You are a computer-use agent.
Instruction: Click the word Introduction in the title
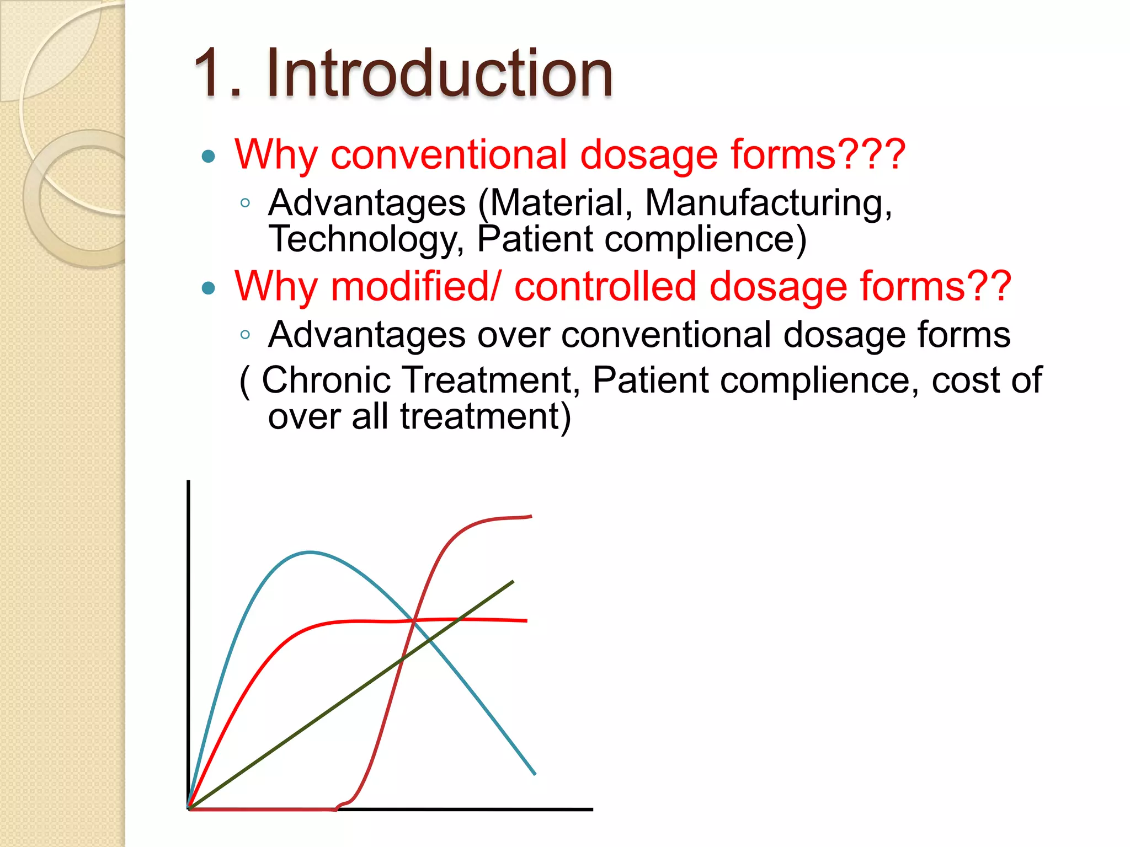[439, 73]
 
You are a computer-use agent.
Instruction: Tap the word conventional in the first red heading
[449, 154]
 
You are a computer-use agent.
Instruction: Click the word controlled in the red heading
[605, 287]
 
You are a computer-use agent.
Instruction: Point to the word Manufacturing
[768, 203]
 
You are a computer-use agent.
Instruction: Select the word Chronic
[326, 380]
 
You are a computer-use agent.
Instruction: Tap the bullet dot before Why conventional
[209, 157]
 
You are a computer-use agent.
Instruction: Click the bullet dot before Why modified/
[209, 288]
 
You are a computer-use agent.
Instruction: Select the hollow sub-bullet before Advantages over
[246, 334]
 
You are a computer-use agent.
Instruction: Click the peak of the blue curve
[310, 552]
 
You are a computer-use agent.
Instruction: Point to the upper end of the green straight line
[513, 582]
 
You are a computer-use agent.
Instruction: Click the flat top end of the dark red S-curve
[530, 517]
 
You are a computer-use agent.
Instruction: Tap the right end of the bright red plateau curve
[526, 621]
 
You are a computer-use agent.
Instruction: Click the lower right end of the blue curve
[534, 774]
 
